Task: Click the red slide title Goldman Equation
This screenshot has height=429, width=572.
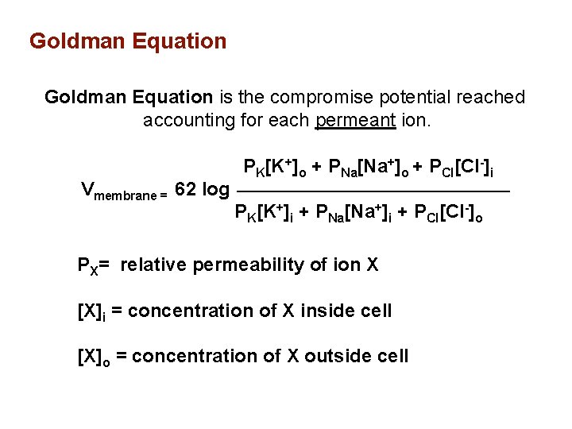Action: tap(127, 41)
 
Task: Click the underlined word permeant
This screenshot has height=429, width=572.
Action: tap(355, 121)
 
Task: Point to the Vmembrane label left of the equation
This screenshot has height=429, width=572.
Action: tap(123, 191)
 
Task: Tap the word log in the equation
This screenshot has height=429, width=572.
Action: tap(216, 190)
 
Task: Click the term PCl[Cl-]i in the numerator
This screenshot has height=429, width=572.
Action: tap(465, 168)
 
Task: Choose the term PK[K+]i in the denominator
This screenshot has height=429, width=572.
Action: tap(267, 213)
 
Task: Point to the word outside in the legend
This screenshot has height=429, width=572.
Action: tap(326, 356)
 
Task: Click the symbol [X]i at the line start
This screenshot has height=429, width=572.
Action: tap(91, 311)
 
